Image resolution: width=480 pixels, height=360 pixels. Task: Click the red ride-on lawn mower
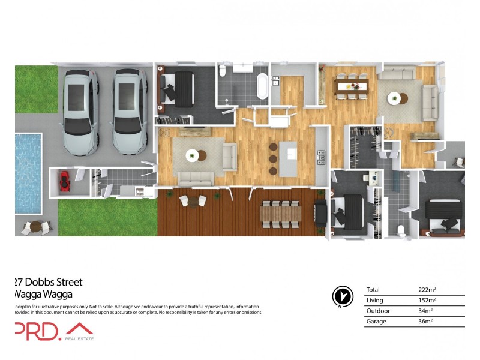(64, 181)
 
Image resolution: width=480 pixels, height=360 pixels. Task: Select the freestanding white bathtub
(262, 86)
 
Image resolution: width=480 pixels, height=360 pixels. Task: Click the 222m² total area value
(427, 290)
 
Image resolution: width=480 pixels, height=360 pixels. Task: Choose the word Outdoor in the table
(377, 311)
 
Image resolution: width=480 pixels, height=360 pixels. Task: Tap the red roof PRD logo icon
(79, 330)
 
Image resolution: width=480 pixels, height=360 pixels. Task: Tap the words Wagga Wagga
(43, 294)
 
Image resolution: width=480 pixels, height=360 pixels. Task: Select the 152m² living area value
(427, 300)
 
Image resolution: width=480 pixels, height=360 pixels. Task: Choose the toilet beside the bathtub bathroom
(223, 71)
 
